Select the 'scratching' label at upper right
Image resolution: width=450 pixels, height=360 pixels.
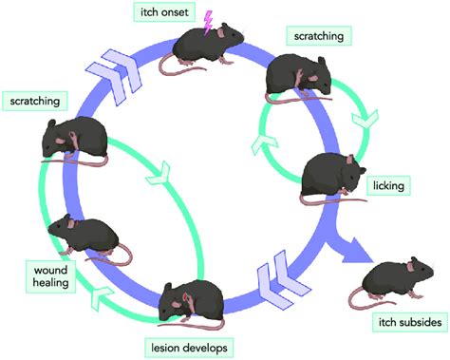pos(318,36)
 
